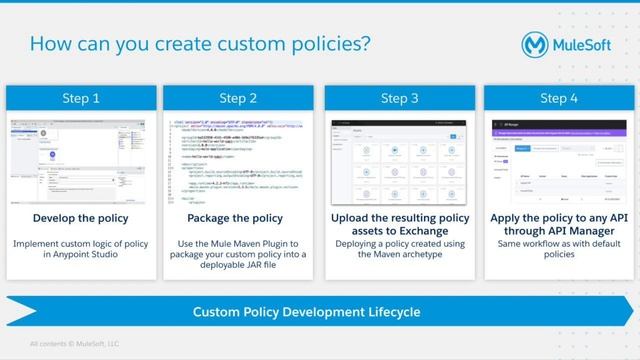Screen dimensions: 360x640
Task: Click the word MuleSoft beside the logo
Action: [591, 46]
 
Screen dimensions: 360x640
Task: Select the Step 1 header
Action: [81, 98]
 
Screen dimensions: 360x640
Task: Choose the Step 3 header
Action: [400, 98]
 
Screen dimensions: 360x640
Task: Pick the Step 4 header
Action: [559, 98]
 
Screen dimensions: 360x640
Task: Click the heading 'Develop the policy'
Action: [81, 217]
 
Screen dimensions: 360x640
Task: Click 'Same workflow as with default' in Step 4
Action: [559, 242]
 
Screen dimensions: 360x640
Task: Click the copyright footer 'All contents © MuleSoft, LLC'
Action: [74, 344]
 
